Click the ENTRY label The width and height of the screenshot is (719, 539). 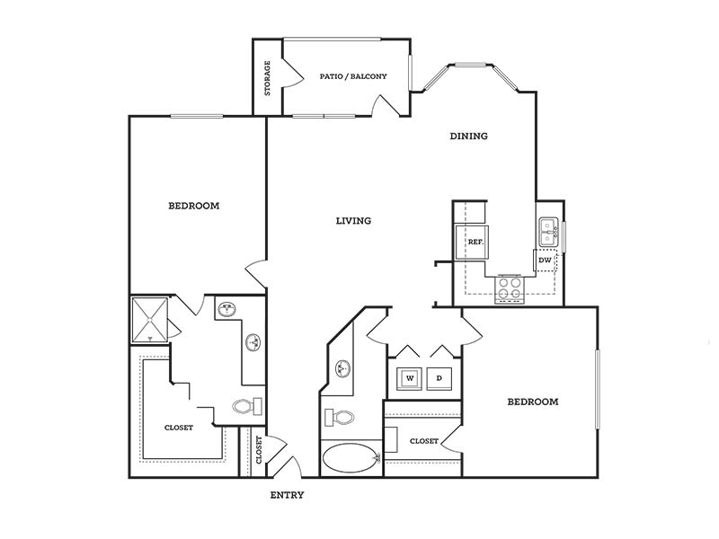[287, 495]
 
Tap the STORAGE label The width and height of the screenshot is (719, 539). [267, 78]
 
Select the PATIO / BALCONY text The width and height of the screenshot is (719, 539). [353, 76]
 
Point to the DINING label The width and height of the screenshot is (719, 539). [468, 136]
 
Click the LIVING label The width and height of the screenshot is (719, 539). [353, 220]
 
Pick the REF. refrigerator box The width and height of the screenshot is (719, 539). [471, 242]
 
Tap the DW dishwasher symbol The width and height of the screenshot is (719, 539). [546, 261]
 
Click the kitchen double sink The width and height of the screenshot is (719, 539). [548, 233]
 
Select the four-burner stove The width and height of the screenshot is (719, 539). [510, 288]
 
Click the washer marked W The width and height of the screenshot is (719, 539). [410, 378]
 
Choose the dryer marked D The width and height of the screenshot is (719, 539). [439, 378]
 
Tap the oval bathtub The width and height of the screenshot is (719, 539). [351, 458]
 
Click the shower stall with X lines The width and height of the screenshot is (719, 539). [150, 320]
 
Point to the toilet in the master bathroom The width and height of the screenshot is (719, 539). [247, 406]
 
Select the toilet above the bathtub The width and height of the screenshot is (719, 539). [340, 418]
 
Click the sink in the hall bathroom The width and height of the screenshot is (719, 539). [342, 368]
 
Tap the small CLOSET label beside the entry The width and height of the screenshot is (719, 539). [259, 450]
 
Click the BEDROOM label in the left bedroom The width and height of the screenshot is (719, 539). [194, 206]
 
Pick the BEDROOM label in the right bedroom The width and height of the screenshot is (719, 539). [533, 402]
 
